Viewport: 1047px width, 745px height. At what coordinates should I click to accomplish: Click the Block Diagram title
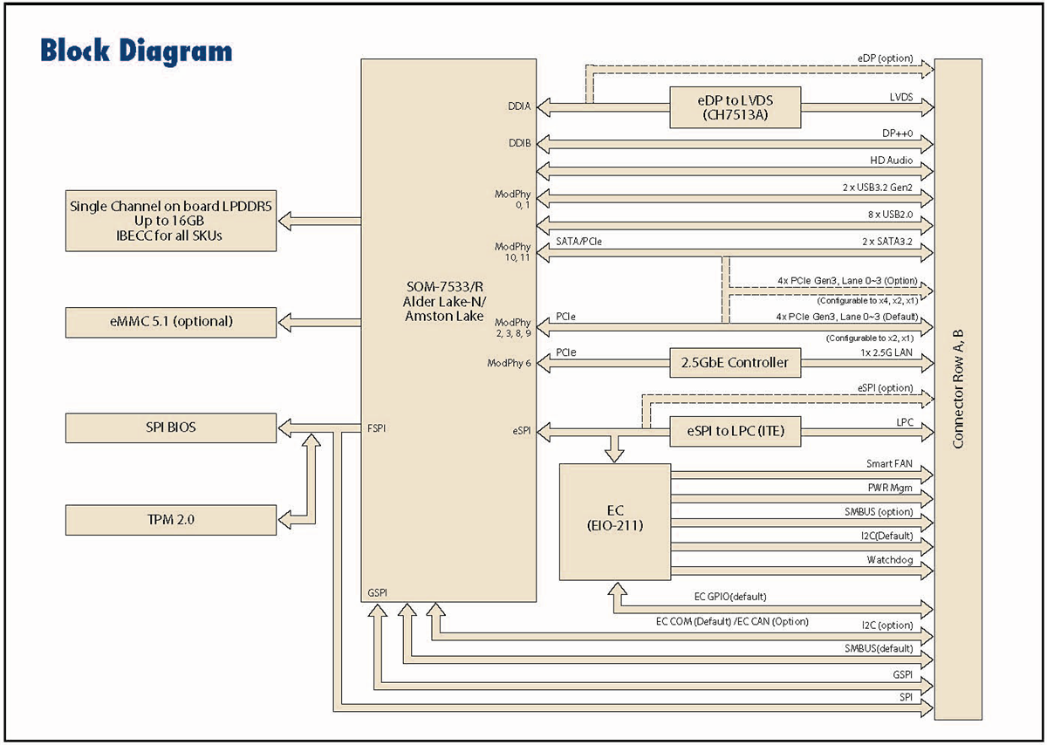[135, 51]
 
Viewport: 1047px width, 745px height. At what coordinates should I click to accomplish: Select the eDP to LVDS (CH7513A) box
[735, 106]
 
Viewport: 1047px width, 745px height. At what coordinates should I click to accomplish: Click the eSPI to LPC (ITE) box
[735, 430]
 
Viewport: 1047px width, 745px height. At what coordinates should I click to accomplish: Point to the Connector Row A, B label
[957, 389]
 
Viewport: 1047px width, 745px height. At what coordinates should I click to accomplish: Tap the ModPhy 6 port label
[509, 363]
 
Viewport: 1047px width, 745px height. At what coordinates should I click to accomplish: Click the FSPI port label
[377, 428]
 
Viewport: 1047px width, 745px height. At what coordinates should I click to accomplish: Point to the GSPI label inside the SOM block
[377, 592]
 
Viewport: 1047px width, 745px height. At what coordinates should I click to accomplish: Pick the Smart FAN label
[889, 465]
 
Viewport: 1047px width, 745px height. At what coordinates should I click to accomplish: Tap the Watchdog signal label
[889, 559]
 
